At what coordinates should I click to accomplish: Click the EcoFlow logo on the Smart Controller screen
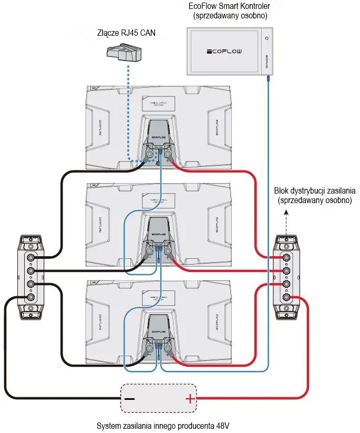(224, 52)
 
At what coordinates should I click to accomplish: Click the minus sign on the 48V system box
(130, 399)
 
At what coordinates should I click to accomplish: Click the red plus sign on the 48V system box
(189, 399)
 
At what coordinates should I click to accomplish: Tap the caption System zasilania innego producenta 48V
(164, 425)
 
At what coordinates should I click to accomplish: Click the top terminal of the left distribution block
(30, 258)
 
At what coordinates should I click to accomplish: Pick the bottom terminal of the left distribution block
(30, 297)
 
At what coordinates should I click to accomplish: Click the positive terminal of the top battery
(169, 154)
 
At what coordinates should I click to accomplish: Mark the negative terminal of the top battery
(149, 154)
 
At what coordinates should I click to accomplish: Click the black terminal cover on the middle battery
(159, 227)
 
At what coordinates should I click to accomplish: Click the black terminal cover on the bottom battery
(159, 325)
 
